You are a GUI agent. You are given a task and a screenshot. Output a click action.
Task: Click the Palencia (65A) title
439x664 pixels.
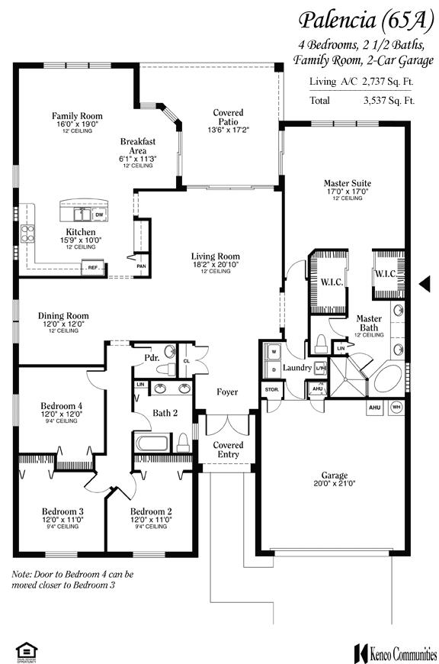pos(360,20)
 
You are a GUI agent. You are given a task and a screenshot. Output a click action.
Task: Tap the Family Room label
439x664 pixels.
pos(77,116)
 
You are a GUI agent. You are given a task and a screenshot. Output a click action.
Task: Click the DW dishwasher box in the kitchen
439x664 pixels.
pos(99,215)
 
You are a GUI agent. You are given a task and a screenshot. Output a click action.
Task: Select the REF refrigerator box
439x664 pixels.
pos(93,268)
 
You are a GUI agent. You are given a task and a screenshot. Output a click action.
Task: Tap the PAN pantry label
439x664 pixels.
pos(141,266)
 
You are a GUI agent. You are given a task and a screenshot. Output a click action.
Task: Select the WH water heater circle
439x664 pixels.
pos(396,408)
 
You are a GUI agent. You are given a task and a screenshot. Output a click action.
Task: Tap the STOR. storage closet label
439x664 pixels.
pos(272,389)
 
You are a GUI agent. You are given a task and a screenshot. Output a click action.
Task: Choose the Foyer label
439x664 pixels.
pos(227,392)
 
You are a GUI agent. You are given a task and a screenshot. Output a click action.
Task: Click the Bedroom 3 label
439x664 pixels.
pos(62,511)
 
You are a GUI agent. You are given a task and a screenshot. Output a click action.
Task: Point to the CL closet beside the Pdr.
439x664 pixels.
pos(187,360)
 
